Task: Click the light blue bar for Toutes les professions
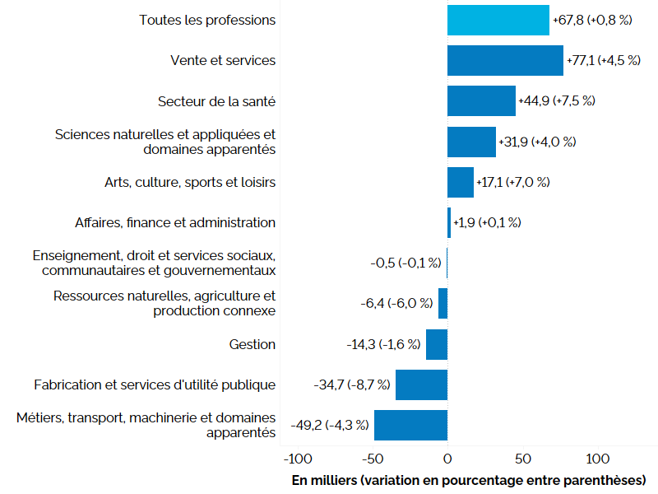pos(498,20)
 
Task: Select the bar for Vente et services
pos(505,60)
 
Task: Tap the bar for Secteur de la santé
pos(481,100)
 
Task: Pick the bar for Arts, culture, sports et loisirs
pos(461,182)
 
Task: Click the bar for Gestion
pos(437,344)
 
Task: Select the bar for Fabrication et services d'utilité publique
pos(421,384)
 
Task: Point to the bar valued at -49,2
pos(410,425)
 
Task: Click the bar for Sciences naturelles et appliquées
pos(471,142)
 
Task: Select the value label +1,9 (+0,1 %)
pos(487,222)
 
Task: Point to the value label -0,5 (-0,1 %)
pos(406,263)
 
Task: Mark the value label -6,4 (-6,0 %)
pos(396,304)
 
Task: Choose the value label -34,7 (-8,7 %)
pos(351,384)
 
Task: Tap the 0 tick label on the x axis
pos(447,458)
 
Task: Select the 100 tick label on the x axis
pos(597,458)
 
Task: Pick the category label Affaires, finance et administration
pos(175,222)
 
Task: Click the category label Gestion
pos(253,344)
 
